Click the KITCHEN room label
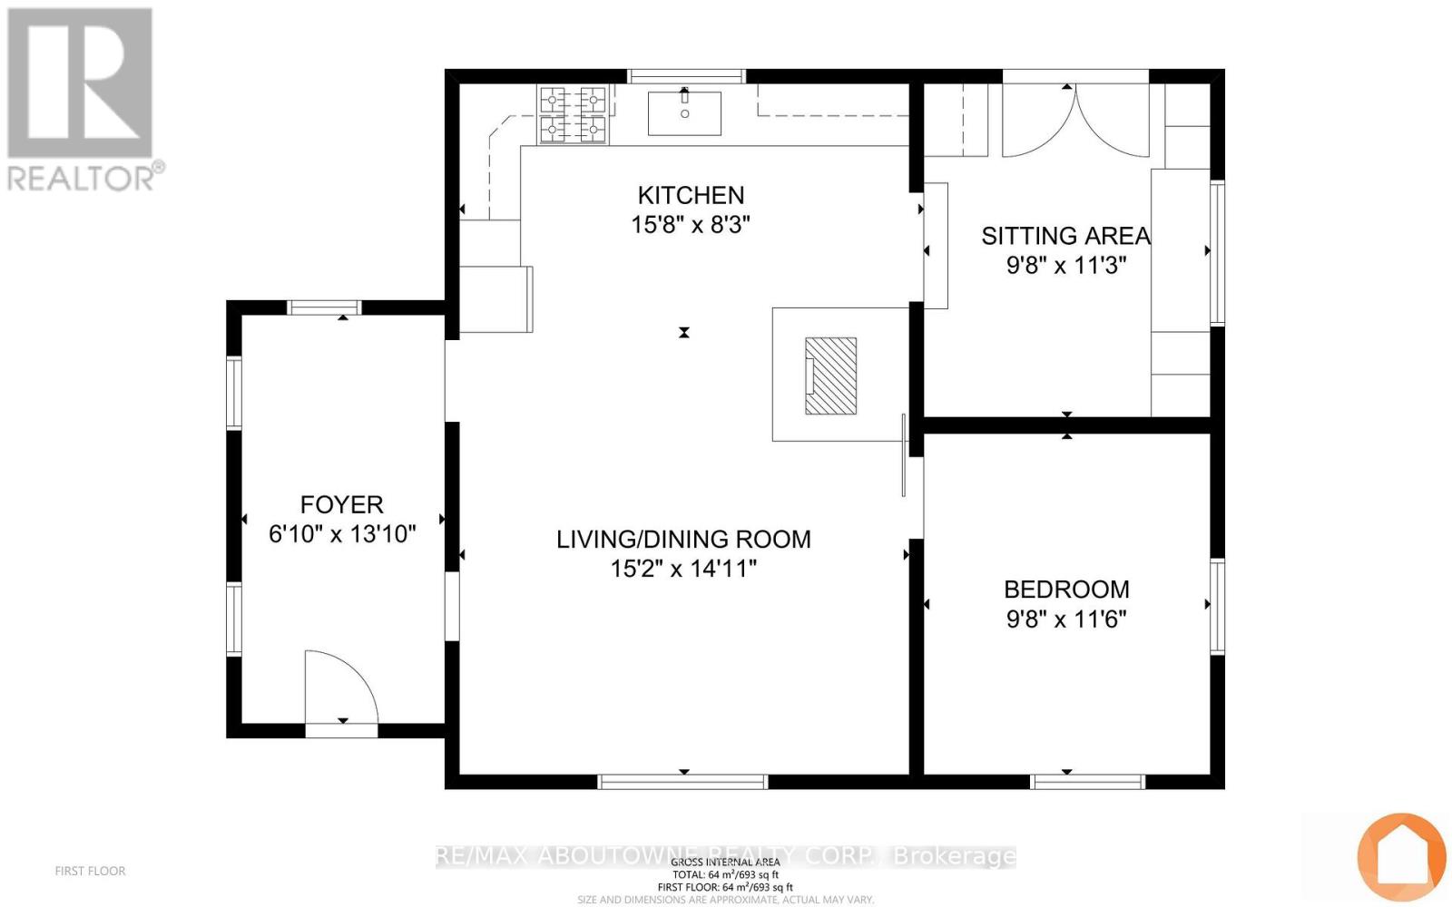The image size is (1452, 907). pyautogui.click(x=691, y=195)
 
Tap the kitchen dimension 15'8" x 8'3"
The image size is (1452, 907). pyautogui.click(x=691, y=225)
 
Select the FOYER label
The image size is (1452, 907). pyautogui.click(x=342, y=504)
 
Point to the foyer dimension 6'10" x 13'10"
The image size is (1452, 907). pyautogui.click(x=342, y=534)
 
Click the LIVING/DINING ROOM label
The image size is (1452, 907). pyautogui.click(x=683, y=539)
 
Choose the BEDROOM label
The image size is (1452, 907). pyautogui.click(x=1066, y=590)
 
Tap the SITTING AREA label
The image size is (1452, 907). pyautogui.click(x=1065, y=236)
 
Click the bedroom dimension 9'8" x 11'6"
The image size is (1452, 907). pyautogui.click(x=1066, y=619)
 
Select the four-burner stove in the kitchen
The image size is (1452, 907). pyautogui.click(x=574, y=114)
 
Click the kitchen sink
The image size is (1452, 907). pyautogui.click(x=684, y=113)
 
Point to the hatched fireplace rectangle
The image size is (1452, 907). pyautogui.click(x=830, y=375)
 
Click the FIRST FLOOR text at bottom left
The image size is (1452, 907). pyautogui.click(x=90, y=871)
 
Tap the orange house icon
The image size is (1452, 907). pyautogui.click(x=1400, y=856)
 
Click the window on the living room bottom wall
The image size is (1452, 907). pyautogui.click(x=683, y=782)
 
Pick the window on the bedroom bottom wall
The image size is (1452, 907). pyautogui.click(x=1088, y=782)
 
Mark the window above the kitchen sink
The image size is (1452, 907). pyautogui.click(x=687, y=76)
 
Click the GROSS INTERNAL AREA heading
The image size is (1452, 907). pyautogui.click(x=725, y=862)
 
